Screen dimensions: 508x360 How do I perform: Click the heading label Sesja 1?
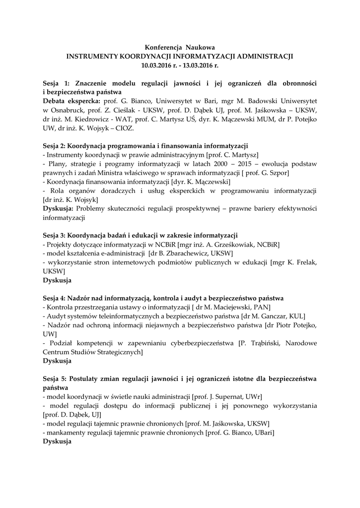tap(56, 82)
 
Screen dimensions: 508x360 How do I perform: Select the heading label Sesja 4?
tap(56, 299)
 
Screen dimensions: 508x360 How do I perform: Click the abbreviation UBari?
tap(263, 433)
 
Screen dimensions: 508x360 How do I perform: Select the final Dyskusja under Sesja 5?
tap(57, 442)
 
